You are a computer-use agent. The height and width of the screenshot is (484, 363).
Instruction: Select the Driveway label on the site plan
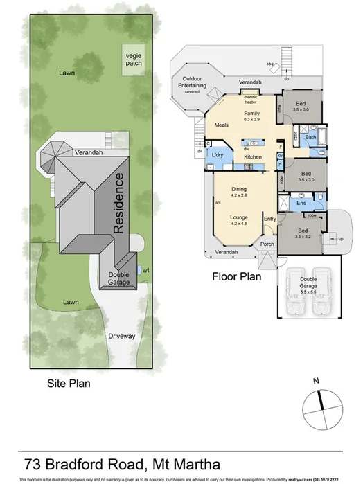click(122, 337)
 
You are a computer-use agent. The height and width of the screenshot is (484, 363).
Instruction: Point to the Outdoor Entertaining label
click(192, 82)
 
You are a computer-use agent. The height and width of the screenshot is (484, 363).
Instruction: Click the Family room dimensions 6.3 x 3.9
click(251, 120)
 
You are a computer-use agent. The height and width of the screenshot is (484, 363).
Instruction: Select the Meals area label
click(222, 125)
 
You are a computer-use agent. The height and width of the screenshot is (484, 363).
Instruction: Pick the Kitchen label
click(252, 158)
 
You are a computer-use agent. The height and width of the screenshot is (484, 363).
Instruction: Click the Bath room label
click(311, 138)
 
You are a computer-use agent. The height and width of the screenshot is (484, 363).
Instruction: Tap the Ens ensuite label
click(301, 203)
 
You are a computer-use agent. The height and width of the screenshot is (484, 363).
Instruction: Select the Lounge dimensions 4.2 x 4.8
click(240, 223)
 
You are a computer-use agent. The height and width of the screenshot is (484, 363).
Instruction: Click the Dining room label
click(239, 188)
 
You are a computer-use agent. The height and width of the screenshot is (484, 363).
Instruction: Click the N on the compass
click(316, 380)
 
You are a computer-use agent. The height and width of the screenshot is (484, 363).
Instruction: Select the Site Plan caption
click(68, 382)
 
